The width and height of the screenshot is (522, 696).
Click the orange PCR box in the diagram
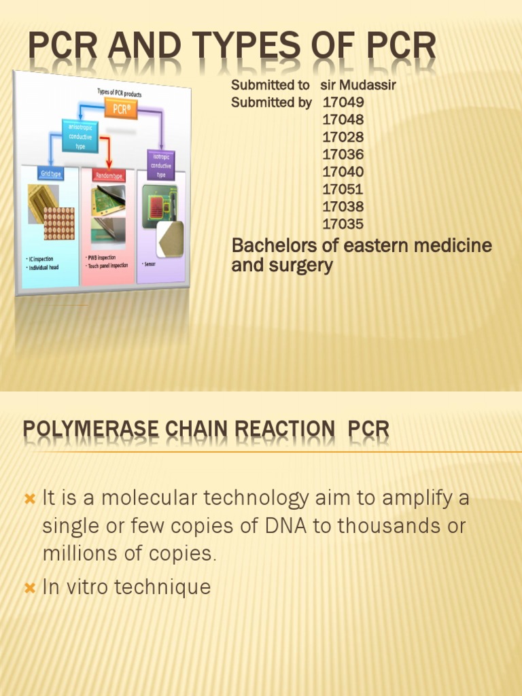[121, 108]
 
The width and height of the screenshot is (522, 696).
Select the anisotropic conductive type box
[80, 136]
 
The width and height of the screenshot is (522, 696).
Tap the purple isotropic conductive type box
[161, 164]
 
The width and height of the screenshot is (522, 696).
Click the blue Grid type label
[50, 174]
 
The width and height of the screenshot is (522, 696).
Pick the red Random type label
[109, 176]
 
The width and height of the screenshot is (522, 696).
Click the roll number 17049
[343, 103]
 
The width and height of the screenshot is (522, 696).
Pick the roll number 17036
[343, 154]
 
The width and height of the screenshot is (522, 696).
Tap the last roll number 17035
[343, 224]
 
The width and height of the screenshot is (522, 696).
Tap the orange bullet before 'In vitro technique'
[29, 588]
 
